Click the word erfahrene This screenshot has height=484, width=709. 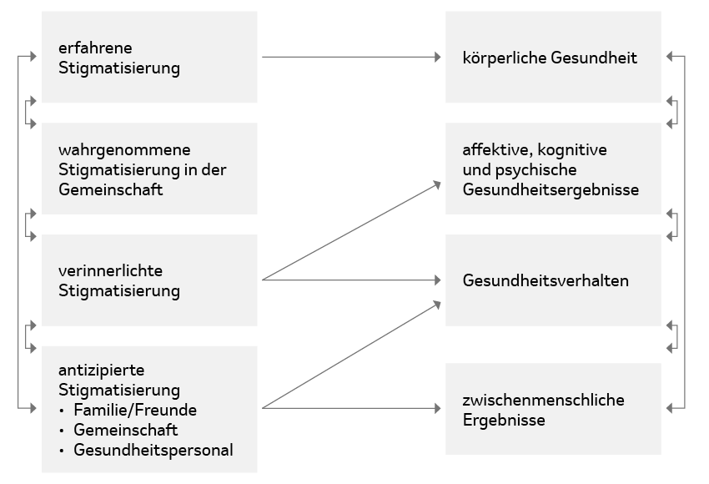pos(95,48)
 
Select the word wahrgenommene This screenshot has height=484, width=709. pos(124,150)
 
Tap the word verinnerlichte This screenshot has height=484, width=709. pos(110,270)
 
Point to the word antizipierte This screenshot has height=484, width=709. pos(101,371)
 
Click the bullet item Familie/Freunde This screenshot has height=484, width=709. pos(135,410)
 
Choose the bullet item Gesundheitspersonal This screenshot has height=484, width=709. pos(153,450)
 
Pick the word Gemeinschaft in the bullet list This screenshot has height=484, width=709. pos(126,430)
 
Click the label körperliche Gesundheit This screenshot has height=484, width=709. pos(550,58)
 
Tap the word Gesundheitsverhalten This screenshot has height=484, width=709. pos(546,280)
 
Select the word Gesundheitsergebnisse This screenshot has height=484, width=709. pos(551,190)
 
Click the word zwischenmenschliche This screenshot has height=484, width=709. pos(544,400)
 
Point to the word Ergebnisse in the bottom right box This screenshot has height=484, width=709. pos(504,421)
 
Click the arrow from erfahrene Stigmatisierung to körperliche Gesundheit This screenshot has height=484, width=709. pos(351,57)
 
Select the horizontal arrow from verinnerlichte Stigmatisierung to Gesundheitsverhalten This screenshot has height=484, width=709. pos(351,280)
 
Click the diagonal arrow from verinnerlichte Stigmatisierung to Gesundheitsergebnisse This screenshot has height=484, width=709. pos(351,230)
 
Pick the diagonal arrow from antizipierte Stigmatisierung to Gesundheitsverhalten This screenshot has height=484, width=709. pos(351,355)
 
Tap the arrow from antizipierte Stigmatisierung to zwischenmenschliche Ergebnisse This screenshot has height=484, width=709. pos(351,408)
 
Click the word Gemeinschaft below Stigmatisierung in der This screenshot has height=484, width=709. pos(110,190)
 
